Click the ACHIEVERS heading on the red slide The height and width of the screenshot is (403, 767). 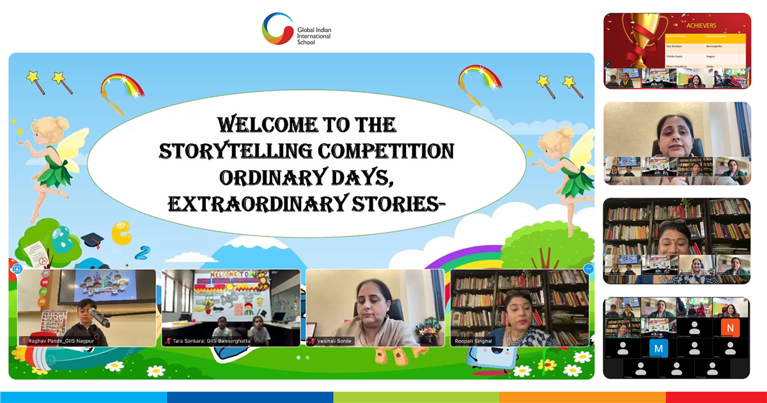point(701,26)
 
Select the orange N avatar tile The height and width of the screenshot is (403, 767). point(729,328)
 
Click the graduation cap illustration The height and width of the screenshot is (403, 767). point(92,241)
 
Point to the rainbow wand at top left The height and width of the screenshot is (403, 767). point(122,90)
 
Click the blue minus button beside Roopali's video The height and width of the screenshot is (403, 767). point(589,269)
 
